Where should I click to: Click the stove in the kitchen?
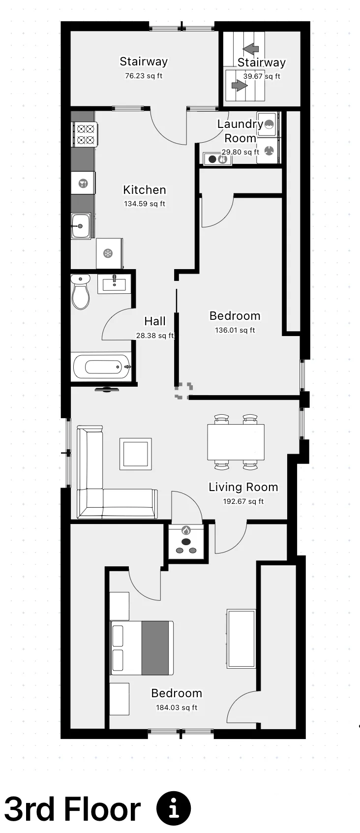[85, 134]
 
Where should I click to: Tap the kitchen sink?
[81, 226]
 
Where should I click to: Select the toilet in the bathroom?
[81, 291]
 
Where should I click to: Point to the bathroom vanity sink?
[114, 284]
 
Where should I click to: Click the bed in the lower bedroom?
[142, 648]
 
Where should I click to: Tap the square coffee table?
[136, 454]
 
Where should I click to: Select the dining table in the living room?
[236, 441]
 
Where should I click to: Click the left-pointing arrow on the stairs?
[251, 49]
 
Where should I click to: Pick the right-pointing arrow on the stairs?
[239, 86]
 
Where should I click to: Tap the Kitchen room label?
[145, 190]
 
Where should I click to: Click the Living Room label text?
[243, 487]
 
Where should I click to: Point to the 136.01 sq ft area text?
[235, 330]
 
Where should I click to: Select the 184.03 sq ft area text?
[177, 708]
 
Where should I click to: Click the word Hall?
[155, 321]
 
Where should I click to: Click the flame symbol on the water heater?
[186, 530]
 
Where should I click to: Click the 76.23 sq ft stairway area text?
[144, 76]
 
